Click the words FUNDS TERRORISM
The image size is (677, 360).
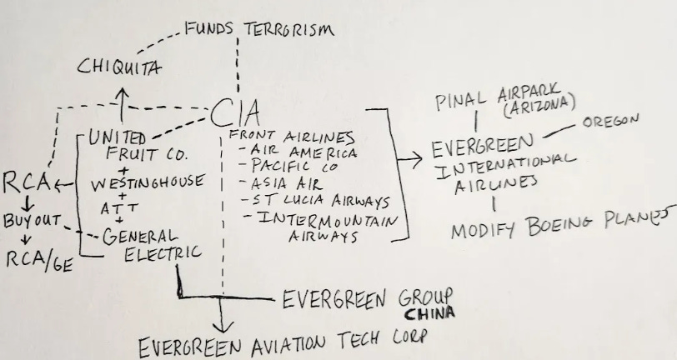[x=258, y=29]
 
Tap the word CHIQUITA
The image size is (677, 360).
[x=121, y=66]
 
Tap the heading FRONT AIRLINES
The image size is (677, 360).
[x=292, y=136]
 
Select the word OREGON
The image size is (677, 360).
[x=610, y=122]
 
